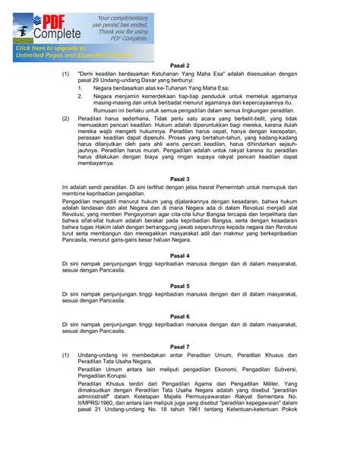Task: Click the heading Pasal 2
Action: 180,66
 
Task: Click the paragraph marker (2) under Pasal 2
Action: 65,119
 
